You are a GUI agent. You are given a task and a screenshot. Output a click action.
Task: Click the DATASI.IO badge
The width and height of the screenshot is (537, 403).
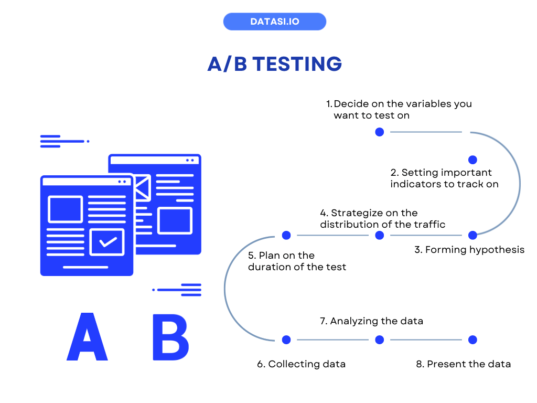[274, 22]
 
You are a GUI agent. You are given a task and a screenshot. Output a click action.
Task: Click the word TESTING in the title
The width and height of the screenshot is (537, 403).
[297, 64]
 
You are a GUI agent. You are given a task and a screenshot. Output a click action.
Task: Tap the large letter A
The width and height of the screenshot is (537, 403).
[87, 336]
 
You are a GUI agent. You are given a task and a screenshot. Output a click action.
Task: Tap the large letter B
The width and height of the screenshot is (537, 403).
[170, 336]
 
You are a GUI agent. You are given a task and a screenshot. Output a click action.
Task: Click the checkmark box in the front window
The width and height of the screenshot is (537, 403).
[107, 242]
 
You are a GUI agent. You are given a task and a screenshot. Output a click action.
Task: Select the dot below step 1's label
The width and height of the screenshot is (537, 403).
[380, 132]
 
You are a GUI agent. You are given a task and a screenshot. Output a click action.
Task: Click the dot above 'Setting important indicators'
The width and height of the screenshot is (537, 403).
[472, 160]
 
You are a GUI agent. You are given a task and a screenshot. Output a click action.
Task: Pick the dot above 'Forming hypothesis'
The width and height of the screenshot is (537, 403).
[472, 235]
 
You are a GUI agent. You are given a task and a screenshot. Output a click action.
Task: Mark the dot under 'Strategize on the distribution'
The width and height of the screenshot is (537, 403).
[380, 235]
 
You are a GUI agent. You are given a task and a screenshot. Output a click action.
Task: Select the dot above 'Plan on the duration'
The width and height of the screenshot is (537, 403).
[286, 235]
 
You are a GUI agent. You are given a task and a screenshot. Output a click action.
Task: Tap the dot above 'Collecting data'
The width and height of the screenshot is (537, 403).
[286, 340]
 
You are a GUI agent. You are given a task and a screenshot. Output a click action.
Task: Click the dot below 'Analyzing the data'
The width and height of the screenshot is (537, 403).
[380, 340]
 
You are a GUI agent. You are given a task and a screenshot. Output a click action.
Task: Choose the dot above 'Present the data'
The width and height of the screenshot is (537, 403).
[472, 340]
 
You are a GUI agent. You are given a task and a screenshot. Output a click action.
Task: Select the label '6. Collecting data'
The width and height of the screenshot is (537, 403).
[301, 364]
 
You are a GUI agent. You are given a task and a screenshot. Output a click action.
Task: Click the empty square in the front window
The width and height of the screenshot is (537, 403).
[66, 209]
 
